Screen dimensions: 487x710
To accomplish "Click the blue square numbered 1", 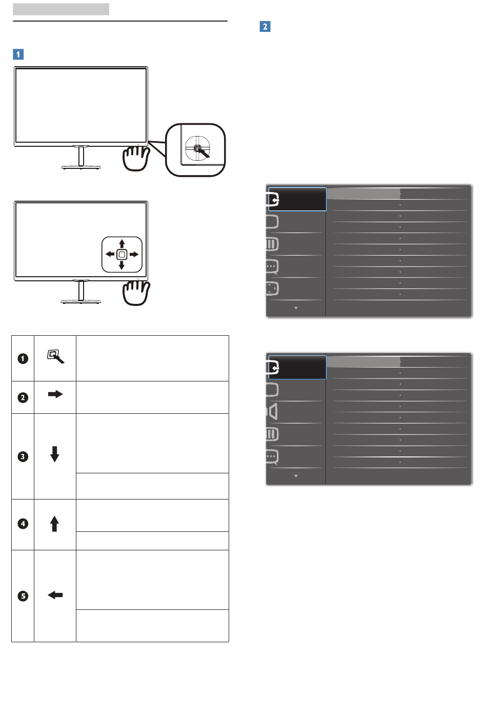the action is [18, 54].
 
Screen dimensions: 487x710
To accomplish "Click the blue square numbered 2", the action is [265, 26].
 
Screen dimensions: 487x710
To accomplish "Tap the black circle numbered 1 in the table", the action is [23, 358].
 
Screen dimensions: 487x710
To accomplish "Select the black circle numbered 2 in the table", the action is [23, 397].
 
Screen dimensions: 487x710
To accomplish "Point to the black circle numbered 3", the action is [23, 456].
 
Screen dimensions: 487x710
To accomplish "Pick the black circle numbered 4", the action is [23, 524].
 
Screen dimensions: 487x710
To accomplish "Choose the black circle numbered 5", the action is [23, 596].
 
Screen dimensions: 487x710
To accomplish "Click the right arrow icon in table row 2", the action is [55, 394].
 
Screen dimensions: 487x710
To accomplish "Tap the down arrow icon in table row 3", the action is [55, 454].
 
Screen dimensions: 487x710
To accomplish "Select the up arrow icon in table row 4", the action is [54, 524].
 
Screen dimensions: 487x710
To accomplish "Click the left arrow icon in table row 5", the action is [55, 595].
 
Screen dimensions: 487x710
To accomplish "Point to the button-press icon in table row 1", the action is [55, 356].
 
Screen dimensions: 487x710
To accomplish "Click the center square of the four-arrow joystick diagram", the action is [122, 254].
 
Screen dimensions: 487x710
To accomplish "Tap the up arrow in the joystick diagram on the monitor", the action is [122, 244].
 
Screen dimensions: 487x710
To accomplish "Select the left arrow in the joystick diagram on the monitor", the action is [110, 254].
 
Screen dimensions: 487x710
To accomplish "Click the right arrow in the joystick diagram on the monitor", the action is [134, 254].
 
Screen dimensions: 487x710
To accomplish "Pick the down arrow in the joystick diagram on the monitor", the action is [122, 265].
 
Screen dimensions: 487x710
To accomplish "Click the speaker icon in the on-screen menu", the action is [272, 412].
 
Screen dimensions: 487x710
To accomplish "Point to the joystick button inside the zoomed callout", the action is [197, 148].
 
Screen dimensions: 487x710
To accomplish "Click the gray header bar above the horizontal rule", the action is [61, 9].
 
